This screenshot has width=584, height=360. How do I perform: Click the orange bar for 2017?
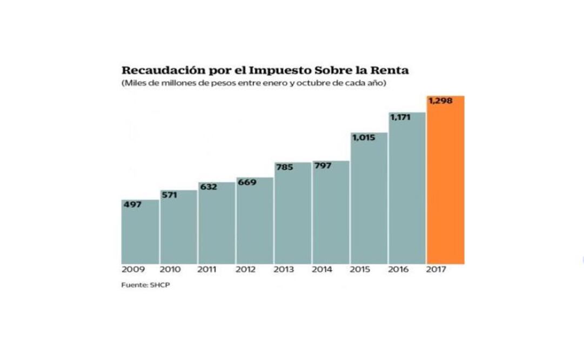click(x=445, y=184)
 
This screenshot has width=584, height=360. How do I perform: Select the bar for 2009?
click(x=140, y=232)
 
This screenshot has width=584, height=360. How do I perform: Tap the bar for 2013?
click(x=292, y=214)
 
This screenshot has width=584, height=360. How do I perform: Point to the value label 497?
click(x=132, y=205)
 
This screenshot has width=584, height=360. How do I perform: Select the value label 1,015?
click(x=363, y=137)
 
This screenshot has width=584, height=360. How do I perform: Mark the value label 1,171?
click(x=401, y=117)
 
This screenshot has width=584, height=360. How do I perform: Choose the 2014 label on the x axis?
click(x=322, y=270)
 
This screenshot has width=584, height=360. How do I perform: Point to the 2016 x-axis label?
click(x=398, y=270)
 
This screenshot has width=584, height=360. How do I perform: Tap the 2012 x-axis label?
click(x=246, y=270)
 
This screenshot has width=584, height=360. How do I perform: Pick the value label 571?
click(x=170, y=196)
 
